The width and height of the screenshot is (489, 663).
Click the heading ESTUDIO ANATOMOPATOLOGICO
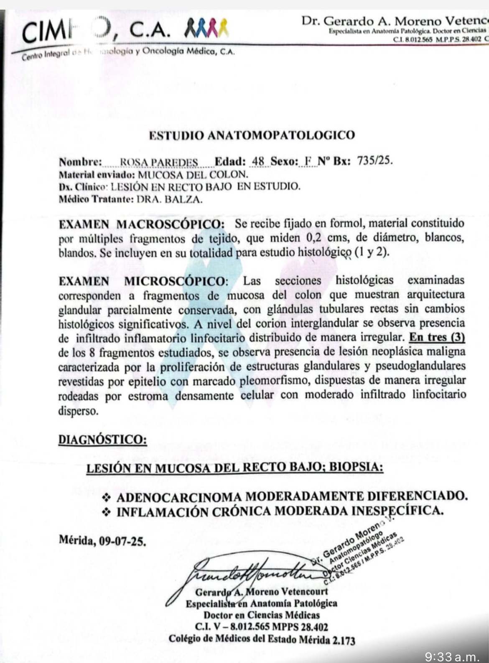coord(252,136)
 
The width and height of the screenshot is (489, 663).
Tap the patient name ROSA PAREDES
coord(159,162)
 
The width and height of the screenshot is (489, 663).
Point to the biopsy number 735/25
coord(375,161)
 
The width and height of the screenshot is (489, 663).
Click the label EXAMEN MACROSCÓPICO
coord(142,224)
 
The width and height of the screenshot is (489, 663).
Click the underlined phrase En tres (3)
coord(437,337)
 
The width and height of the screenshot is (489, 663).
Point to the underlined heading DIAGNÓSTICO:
coord(102,440)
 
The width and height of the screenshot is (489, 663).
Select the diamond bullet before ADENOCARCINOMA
coord(107,497)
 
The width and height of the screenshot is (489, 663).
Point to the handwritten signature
coord(251,571)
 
